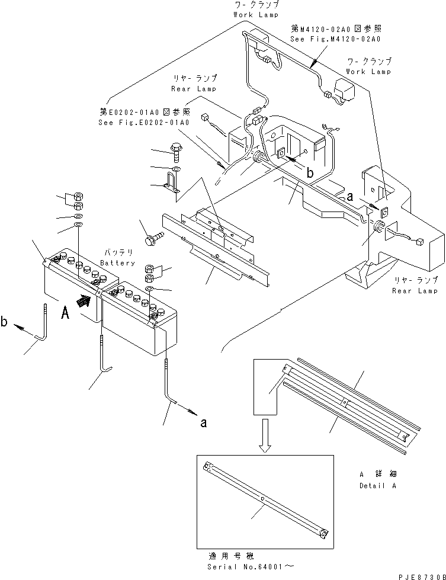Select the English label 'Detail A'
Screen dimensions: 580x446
pos(377,486)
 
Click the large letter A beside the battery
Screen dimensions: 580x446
pos(65,313)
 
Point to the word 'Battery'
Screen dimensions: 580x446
pos(117,262)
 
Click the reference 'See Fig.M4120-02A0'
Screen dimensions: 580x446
pos(335,39)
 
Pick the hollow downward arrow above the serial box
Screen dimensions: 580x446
pos(266,435)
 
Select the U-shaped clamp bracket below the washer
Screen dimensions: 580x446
pos(174,181)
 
